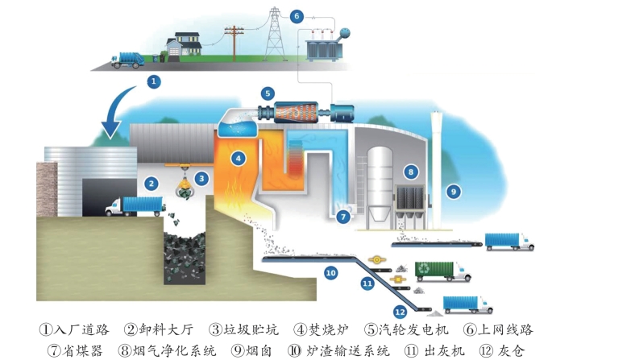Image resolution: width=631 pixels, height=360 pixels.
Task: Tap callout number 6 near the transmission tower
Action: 296,15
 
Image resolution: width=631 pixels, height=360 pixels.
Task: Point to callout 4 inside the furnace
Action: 238,159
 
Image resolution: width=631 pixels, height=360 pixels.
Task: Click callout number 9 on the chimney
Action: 453,192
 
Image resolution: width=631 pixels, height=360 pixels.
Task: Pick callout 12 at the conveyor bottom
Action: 400,312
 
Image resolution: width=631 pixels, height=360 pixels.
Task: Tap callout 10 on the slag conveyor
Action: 330,273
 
